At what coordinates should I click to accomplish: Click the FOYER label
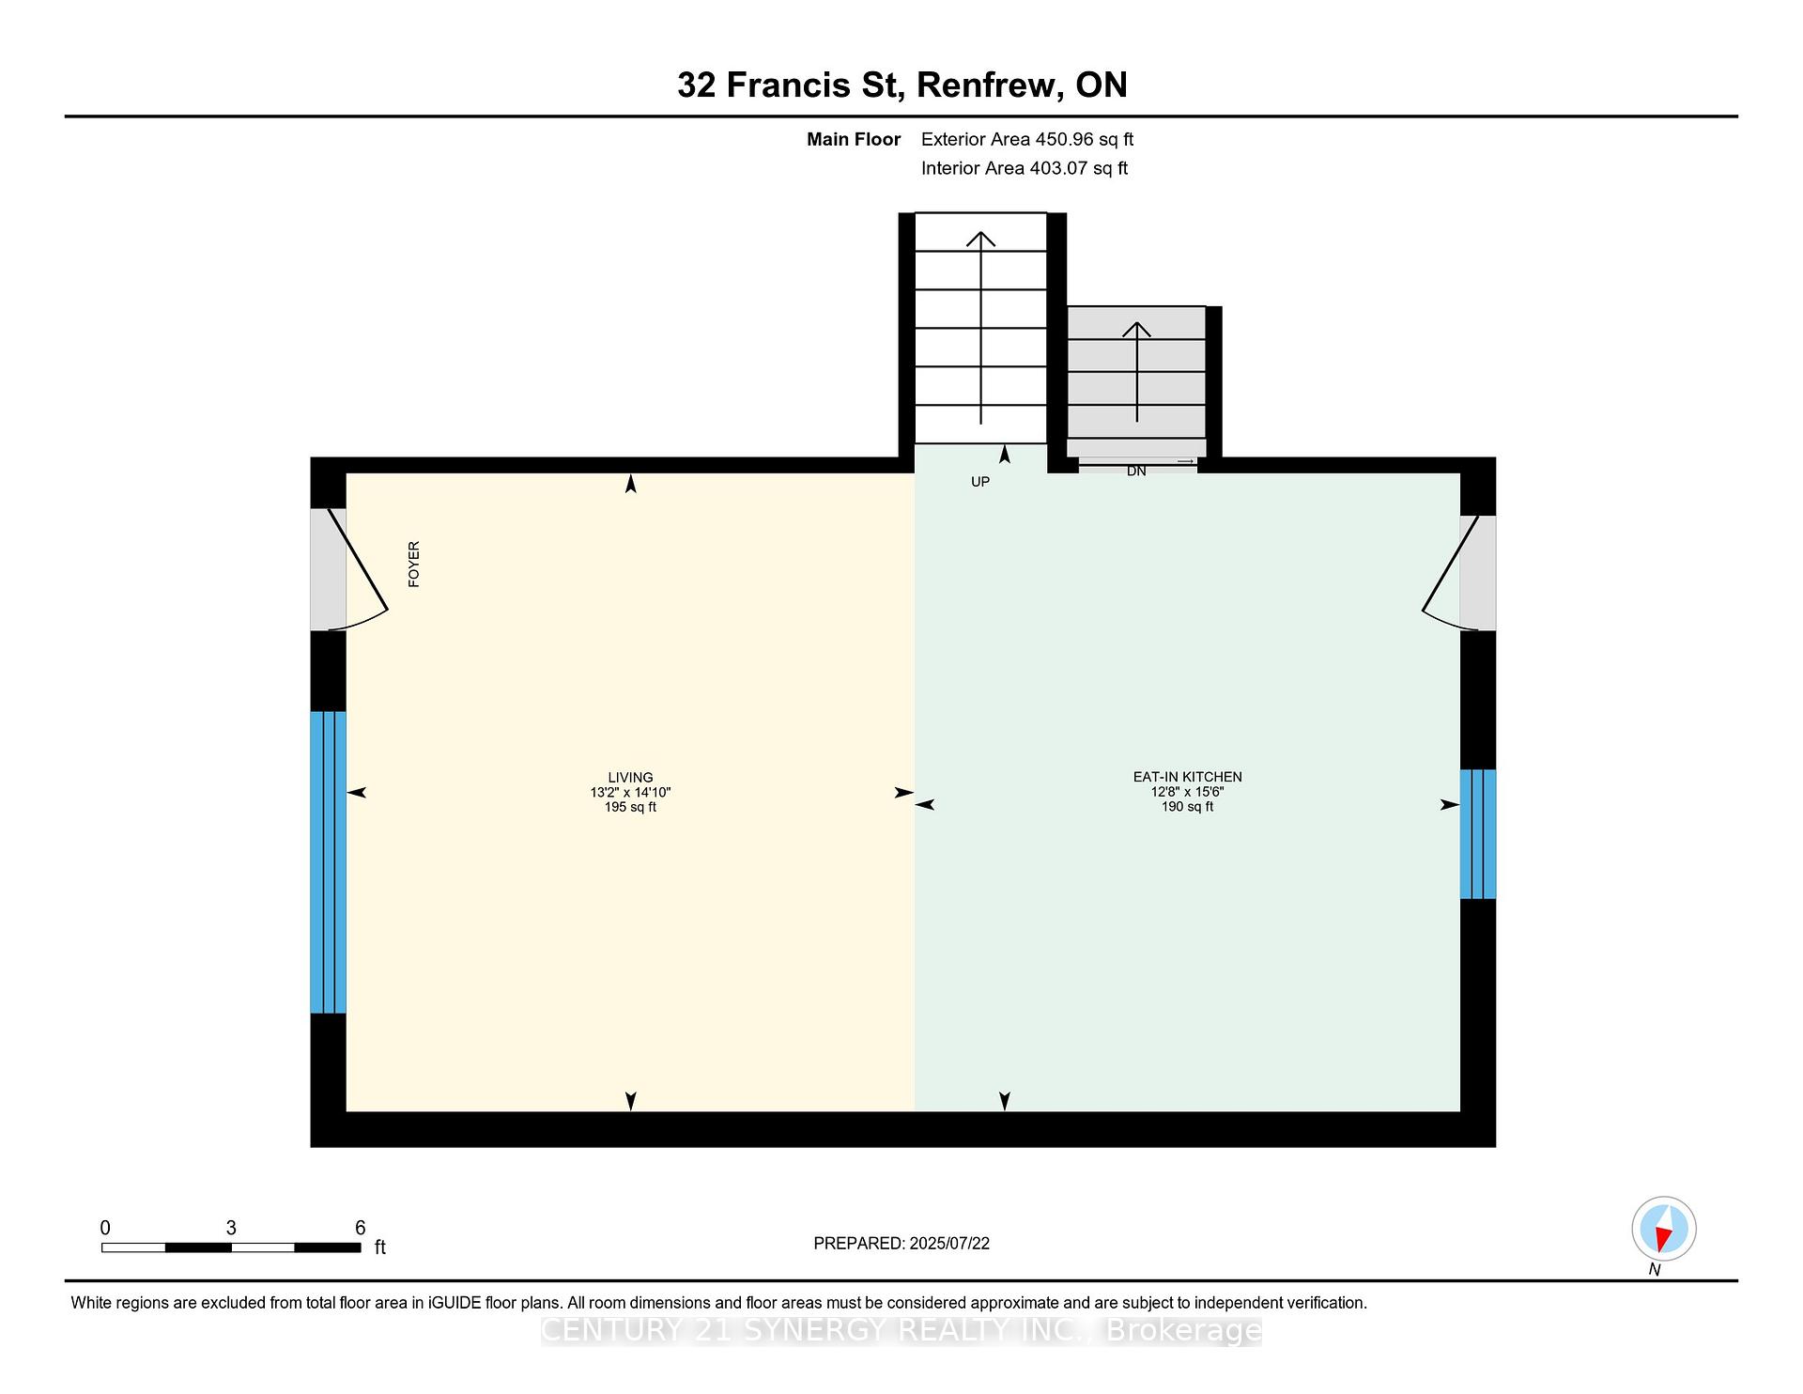pos(414,565)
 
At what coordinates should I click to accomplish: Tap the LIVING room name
pos(630,777)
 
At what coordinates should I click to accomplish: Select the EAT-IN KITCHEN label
pos(1187,777)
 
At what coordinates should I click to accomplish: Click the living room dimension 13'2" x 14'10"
pos(630,792)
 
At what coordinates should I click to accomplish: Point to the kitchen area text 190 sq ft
pos(1187,807)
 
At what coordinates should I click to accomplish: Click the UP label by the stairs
pos(980,482)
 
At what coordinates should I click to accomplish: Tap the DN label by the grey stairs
pos(1136,472)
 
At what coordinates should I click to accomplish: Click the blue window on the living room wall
pos(329,862)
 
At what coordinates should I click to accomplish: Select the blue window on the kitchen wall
pos(1478,834)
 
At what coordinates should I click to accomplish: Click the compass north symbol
pos(1663,1230)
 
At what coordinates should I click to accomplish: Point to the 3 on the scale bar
pos(231,1228)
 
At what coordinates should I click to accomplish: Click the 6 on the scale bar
pos(360,1228)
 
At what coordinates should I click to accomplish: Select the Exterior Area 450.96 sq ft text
pos(1027,139)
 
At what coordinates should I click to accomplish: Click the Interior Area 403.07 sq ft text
pos(1025,168)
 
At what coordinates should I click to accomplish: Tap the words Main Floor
pos(854,139)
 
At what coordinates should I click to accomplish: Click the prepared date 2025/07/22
pos(949,1243)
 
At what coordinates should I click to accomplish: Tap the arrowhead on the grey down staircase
pos(1136,329)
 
